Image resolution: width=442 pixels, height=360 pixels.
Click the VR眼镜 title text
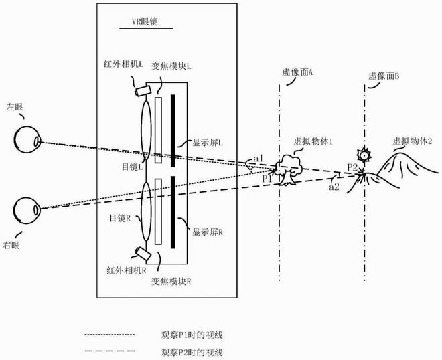(x=145, y=21)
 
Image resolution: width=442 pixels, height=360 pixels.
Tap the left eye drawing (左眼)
(x=27, y=139)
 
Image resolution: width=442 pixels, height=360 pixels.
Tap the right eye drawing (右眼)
(x=27, y=210)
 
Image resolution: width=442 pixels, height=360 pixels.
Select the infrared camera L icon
(x=143, y=90)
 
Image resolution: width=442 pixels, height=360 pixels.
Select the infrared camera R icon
(x=143, y=253)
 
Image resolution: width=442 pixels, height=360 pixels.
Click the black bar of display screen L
(x=173, y=130)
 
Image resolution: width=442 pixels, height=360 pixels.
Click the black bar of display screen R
(x=173, y=212)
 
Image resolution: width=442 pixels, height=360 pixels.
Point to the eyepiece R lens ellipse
(x=146, y=211)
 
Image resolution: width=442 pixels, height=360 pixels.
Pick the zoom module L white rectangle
(x=158, y=130)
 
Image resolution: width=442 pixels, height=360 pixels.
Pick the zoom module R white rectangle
(x=158, y=211)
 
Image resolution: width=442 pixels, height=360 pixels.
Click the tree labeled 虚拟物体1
(x=289, y=169)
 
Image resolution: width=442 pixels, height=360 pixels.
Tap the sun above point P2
(x=364, y=155)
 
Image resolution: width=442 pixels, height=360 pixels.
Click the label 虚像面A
(x=297, y=72)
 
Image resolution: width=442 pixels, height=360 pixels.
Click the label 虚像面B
(x=384, y=76)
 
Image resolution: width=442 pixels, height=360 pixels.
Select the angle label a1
(x=259, y=159)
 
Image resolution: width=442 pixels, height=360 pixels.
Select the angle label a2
(x=334, y=187)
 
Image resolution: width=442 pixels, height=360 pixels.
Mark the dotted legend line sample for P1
(x=109, y=335)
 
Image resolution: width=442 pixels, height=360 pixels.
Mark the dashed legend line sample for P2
(x=109, y=351)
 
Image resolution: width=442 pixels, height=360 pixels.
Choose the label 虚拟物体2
(x=413, y=141)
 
